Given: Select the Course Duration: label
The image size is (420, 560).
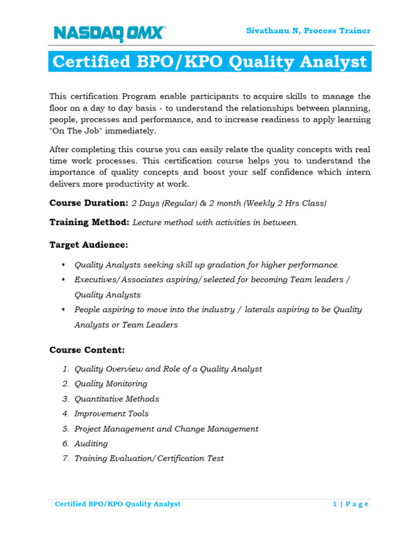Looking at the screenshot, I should coord(89,203).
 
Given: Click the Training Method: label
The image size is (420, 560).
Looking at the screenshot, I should coord(89,223).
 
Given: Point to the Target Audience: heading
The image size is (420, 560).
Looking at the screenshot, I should coord(89,244).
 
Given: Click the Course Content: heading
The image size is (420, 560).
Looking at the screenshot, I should coord(87,349).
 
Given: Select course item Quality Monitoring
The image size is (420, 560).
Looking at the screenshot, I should coord(111,384).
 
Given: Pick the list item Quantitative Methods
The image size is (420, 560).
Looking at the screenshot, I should coord(116,399).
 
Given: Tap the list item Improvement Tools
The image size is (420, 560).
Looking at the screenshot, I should coord(111,413).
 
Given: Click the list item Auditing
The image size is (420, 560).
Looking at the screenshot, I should coord(91,444).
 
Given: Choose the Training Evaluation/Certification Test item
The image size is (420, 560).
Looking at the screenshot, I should coord(149,458).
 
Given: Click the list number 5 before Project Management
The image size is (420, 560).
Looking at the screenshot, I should coord(65,429).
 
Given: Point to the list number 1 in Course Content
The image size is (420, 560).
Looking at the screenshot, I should coord(65,369).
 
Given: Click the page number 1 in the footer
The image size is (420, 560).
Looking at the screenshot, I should coord(335,504).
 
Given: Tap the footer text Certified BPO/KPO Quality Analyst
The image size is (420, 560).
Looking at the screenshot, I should coord(118,504).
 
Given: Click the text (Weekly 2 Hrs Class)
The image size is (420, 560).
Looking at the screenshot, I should coord(285,203).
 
